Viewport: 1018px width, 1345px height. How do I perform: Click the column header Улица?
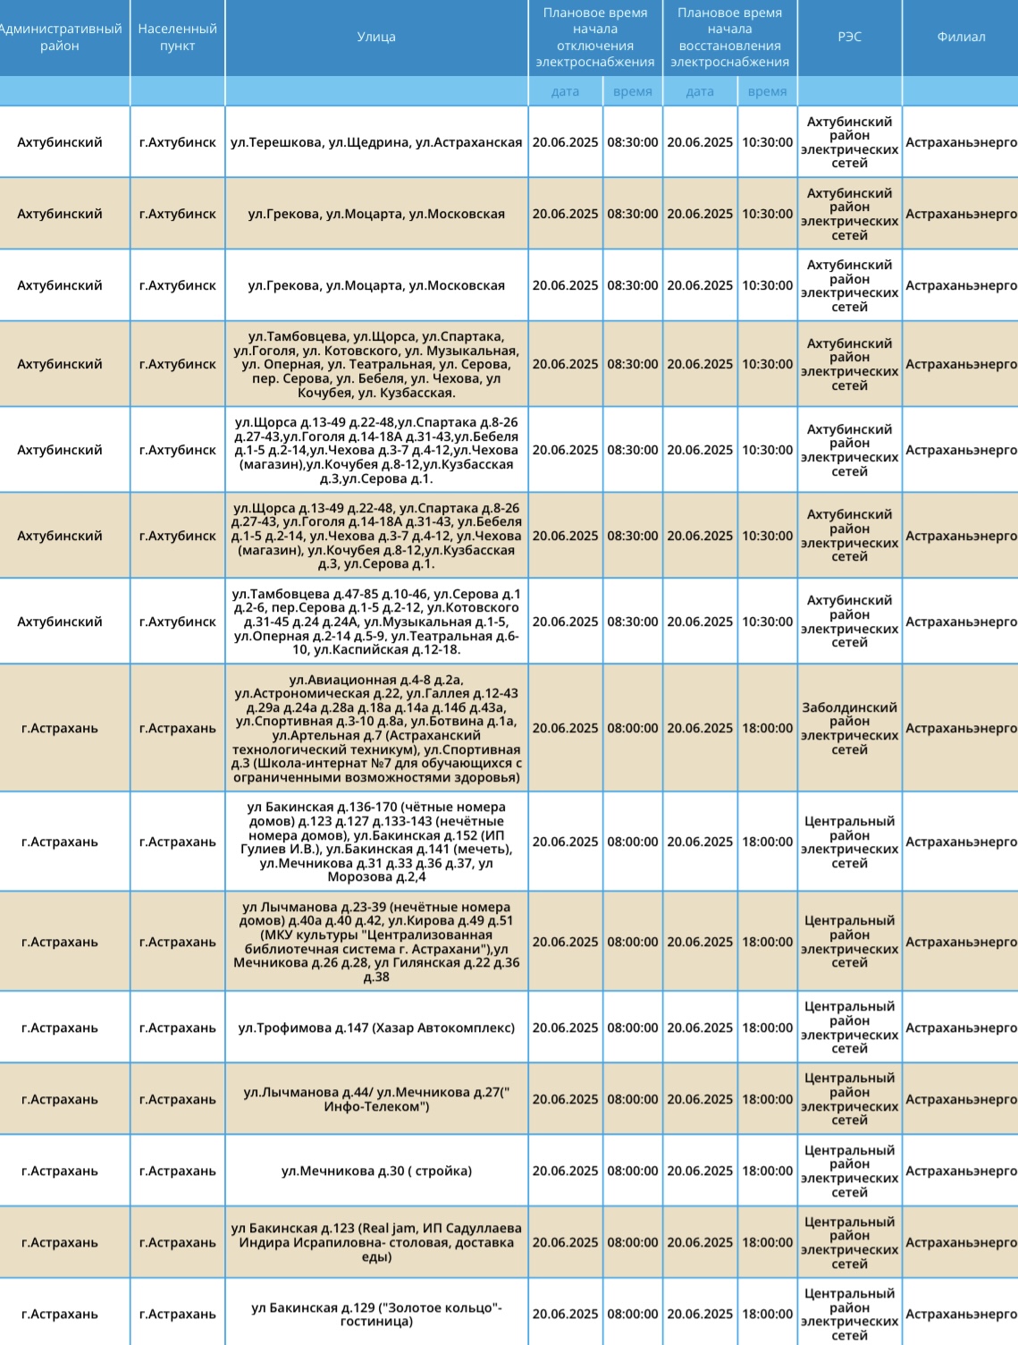click(x=376, y=37)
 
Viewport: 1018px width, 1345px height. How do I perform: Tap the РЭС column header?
click(x=849, y=37)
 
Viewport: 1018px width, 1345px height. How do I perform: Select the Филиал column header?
click(x=961, y=37)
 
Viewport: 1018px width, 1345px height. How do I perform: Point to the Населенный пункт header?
click(x=177, y=37)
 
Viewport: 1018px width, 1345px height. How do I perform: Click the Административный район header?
click(x=60, y=37)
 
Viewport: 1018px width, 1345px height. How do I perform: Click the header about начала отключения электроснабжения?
click(x=595, y=37)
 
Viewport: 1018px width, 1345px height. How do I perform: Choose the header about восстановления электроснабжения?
click(x=729, y=37)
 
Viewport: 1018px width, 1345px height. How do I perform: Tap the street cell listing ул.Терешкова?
click(x=376, y=142)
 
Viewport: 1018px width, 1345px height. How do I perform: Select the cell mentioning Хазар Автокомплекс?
click(x=376, y=1028)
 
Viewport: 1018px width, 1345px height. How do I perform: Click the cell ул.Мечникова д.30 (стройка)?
click(x=376, y=1171)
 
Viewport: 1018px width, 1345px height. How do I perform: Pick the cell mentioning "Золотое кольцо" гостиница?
click(x=376, y=1314)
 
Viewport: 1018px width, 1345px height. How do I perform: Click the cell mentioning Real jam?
click(x=376, y=1242)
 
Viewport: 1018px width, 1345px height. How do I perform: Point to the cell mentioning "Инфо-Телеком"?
click(x=376, y=1099)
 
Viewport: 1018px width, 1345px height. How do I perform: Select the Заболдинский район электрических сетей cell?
click(x=849, y=728)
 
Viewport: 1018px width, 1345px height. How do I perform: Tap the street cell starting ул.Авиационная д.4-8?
click(x=376, y=728)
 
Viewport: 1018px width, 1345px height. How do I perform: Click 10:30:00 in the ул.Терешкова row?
click(x=767, y=142)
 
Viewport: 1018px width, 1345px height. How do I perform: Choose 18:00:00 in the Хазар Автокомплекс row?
click(x=767, y=1028)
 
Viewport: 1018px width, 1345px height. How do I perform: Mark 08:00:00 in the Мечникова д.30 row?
click(x=633, y=1171)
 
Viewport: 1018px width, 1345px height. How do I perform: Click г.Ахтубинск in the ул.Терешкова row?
click(x=177, y=142)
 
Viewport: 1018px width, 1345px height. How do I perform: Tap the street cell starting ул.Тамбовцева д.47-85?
click(x=376, y=622)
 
